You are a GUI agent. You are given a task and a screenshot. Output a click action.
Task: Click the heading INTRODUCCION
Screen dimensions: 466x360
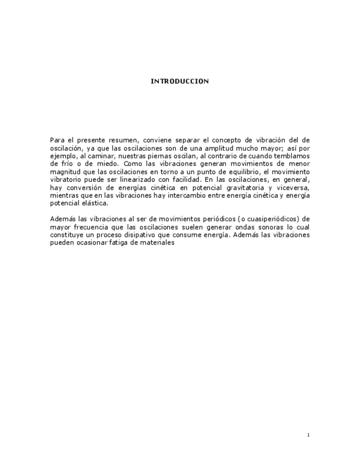click(180, 81)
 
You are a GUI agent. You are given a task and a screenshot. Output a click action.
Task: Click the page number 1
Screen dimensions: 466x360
click(308, 435)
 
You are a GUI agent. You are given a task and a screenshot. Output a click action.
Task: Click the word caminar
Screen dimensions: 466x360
click(101, 156)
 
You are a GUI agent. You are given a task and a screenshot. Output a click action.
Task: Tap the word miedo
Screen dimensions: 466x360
click(107, 163)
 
